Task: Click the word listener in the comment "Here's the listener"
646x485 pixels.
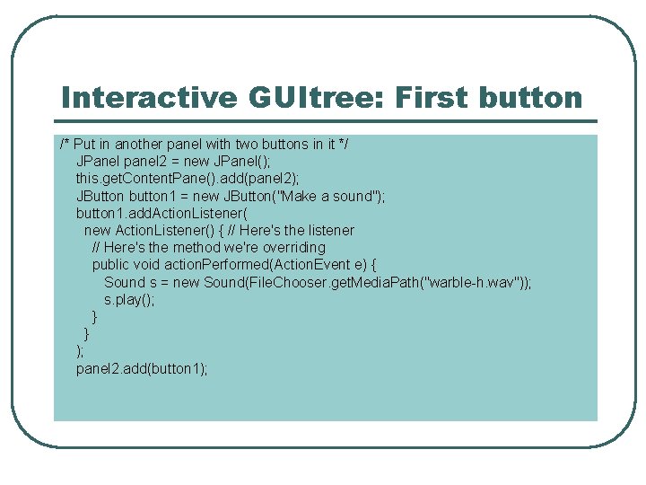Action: point(332,230)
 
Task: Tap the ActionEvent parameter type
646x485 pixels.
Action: point(321,264)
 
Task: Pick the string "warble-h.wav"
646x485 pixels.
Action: point(472,282)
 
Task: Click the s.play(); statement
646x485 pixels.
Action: point(129,299)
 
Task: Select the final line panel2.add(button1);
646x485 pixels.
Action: point(142,368)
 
